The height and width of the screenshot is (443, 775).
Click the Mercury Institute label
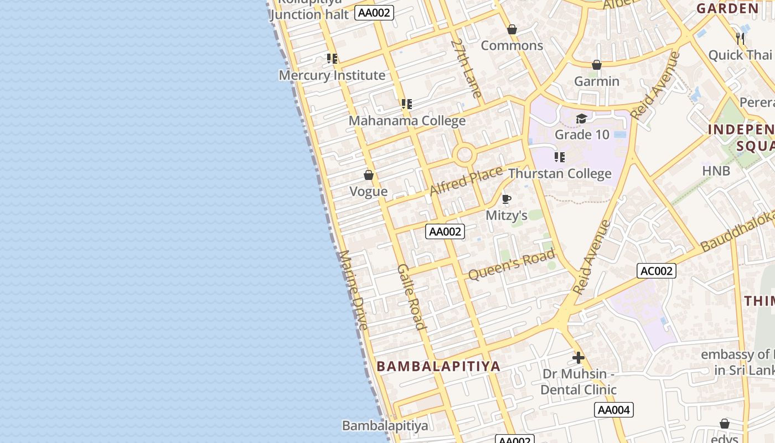(x=332, y=75)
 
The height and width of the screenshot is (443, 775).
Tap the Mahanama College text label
(x=407, y=121)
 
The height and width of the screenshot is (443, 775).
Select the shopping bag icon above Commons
(x=512, y=29)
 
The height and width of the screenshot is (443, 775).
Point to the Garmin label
(x=596, y=81)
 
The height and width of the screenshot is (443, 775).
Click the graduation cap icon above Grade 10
(x=581, y=119)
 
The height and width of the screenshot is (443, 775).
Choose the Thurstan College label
(x=560, y=174)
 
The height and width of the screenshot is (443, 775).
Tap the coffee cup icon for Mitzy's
(x=506, y=199)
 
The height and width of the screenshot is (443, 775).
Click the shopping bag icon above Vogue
(x=369, y=176)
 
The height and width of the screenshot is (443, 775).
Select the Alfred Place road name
(x=466, y=181)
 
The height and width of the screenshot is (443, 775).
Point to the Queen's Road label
(x=511, y=265)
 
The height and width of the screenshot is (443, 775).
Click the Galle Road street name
(x=411, y=297)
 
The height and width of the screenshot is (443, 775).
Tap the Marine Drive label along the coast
(x=353, y=290)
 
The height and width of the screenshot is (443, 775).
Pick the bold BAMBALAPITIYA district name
(x=438, y=366)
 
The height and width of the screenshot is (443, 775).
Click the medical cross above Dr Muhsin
(x=578, y=358)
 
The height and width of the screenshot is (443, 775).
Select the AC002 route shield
(x=657, y=271)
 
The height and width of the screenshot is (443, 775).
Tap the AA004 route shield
(x=613, y=410)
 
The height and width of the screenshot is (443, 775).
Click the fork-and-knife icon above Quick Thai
(x=740, y=39)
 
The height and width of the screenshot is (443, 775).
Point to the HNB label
(x=716, y=171)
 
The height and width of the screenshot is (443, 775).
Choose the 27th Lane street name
(x=466, y=68)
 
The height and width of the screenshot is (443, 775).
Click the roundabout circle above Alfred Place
(x=464, y=154)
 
